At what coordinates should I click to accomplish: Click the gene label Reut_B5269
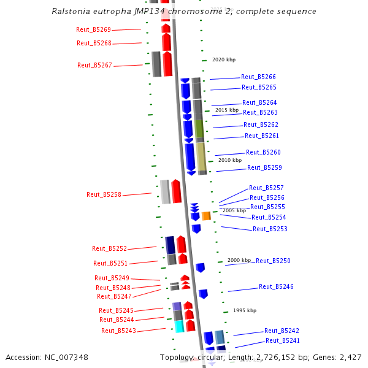93,29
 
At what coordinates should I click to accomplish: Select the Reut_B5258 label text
104,194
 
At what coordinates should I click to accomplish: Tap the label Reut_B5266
258,77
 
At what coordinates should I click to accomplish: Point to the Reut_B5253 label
270,229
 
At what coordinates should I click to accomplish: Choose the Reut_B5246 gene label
276,286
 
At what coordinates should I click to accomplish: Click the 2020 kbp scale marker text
223,59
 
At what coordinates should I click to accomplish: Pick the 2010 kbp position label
230,160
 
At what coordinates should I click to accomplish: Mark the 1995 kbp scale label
245,310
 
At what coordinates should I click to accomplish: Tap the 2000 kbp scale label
239,260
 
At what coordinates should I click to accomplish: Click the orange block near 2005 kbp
206,216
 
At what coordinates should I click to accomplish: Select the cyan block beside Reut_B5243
179,326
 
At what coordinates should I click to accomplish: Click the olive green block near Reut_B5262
199,129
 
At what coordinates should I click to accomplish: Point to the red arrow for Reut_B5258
176,191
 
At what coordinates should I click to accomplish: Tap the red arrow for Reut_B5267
167,64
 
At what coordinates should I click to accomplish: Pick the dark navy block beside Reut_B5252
171,245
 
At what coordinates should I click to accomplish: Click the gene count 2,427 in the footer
350,357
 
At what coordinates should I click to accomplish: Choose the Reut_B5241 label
283,340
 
